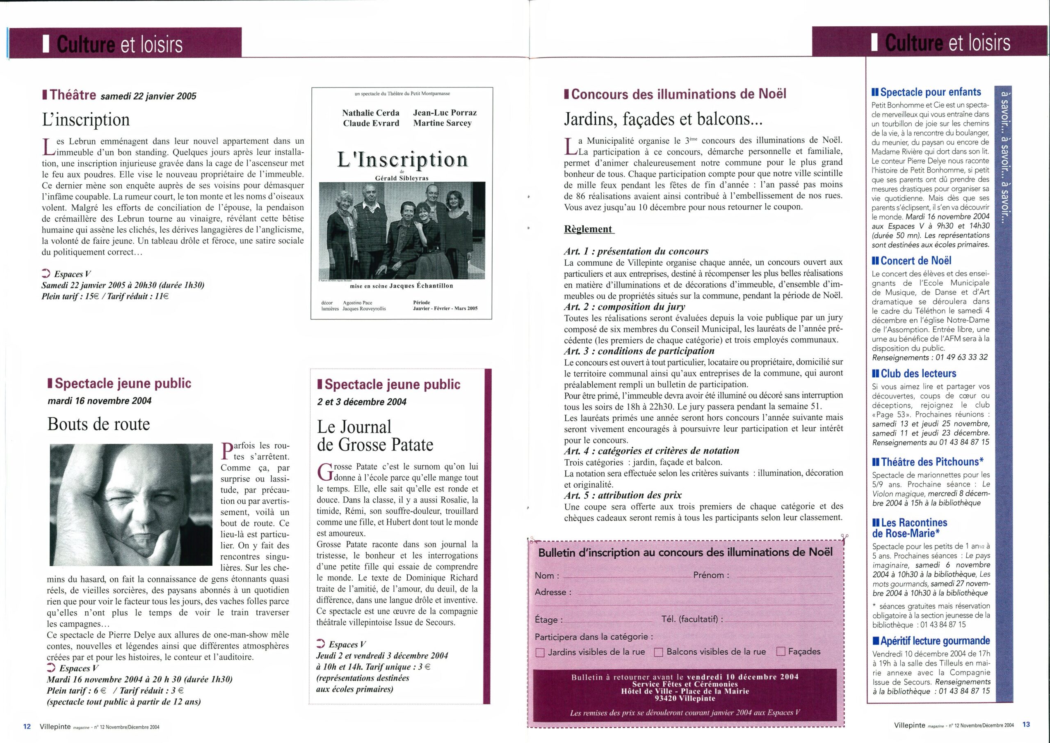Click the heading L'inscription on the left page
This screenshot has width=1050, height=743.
86,119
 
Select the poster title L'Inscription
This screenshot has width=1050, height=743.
402,159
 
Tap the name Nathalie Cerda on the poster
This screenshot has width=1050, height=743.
370,112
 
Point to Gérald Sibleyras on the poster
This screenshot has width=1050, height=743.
402,178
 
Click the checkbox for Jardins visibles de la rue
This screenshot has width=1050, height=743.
540,652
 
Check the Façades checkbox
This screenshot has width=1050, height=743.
781,651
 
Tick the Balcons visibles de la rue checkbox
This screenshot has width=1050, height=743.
659,652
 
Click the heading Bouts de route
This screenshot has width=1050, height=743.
98,424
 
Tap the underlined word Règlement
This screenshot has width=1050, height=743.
588,229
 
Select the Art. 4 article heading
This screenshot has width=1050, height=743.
652,450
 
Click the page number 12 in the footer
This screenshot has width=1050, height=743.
27,727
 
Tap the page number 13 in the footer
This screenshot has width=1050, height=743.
1026,724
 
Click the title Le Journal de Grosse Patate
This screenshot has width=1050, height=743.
375,436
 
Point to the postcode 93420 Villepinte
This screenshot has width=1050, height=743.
685,698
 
